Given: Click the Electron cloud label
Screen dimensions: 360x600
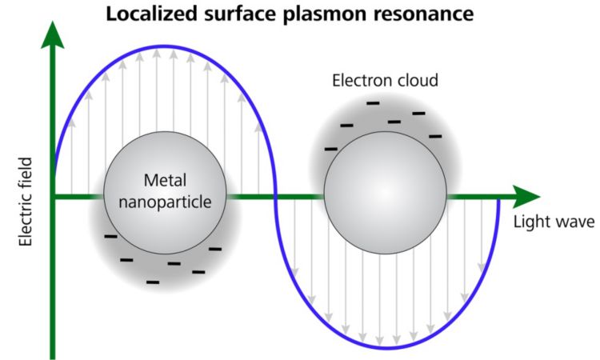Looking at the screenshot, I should click(385, 82).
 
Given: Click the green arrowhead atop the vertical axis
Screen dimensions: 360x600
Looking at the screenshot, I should click(53, 34).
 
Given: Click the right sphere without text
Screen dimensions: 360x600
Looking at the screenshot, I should click(386, 196).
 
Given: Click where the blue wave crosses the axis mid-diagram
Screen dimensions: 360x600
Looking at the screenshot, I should click(275, 196).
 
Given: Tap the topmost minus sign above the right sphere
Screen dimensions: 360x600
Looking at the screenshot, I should click(373, 103).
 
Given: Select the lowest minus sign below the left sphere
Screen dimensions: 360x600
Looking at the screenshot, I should click(153, 282).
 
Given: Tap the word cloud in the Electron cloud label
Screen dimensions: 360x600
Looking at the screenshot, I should click(418, 82).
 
